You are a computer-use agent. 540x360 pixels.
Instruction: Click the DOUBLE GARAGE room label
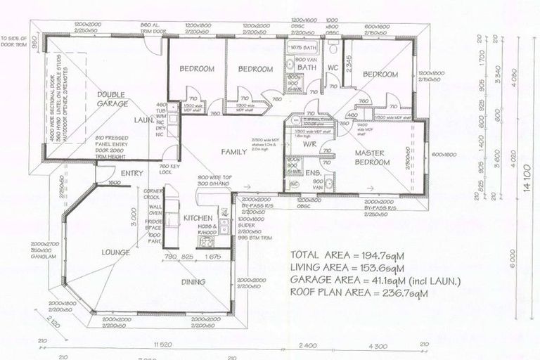[x=112, y=99]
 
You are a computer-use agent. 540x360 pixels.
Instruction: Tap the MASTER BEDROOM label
[x=372, y=157]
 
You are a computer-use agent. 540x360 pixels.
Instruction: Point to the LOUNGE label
[x=115, y=252]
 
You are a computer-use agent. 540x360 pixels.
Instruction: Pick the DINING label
[x=193, y=282]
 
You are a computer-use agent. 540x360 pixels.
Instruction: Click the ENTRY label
[x=131, y=174]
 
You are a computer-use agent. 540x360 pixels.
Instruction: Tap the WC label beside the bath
[x=333, y=69]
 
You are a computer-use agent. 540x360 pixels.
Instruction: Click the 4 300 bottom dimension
[x=378, y=345]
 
